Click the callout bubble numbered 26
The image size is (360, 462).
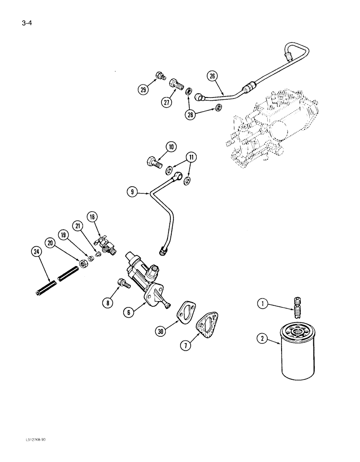coord(213,77)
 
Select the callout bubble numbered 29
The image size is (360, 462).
coord(144,90)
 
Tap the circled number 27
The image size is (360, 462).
coord(167,103)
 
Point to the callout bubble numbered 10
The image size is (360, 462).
coord(171,148)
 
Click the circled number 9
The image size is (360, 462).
coord(133,192)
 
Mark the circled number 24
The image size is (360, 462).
coord(36,251)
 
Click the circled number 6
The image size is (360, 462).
coord(131,312)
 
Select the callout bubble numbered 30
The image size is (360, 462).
coord(160,331)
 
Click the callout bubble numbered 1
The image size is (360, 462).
coord(264,304)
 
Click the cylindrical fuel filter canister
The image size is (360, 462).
coord(297,351)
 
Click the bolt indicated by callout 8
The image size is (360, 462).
coord(123,283)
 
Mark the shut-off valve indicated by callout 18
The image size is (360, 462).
coord(104,243)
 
